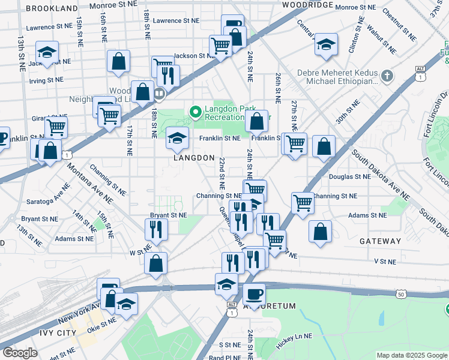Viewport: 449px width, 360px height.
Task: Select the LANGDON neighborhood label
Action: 194,158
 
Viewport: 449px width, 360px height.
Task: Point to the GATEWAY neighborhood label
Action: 380,241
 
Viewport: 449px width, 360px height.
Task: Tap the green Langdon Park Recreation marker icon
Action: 195,112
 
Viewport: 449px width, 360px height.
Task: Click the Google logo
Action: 20,353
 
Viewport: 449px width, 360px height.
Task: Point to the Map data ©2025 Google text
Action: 411,355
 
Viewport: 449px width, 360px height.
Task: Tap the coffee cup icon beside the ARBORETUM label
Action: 254,294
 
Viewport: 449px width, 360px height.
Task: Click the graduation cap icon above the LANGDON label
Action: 177,138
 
